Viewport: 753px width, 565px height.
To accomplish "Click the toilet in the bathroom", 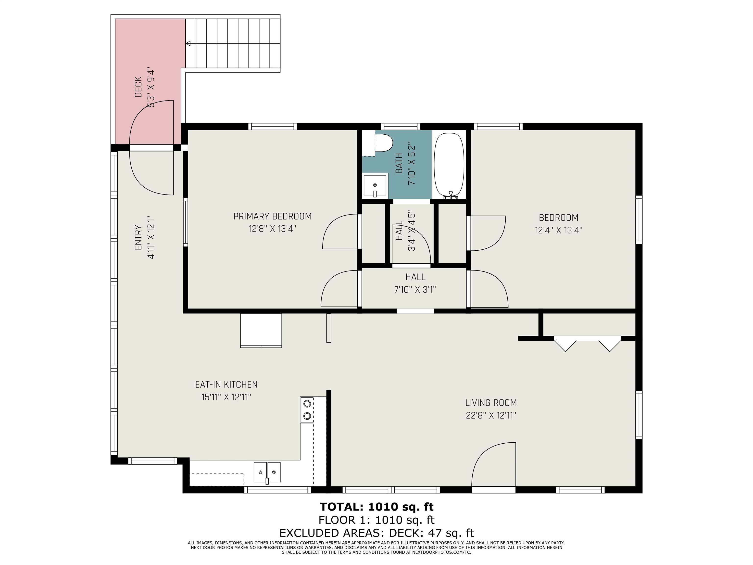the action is tap(383, 143).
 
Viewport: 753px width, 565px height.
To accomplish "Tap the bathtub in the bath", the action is tap(449, 166).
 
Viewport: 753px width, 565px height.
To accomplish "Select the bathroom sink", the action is tap(375, 186).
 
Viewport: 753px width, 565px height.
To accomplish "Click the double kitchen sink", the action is tap(267, 473).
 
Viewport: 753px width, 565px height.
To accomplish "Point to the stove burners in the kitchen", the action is tap(307, 410).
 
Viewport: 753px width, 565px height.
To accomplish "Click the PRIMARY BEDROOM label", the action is tap(272, 216).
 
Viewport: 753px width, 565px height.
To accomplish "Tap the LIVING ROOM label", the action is tap(491, 403).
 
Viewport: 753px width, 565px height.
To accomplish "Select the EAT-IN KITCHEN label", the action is tap(226, 385).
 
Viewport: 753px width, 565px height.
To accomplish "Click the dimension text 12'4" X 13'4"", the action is tap(558, 230).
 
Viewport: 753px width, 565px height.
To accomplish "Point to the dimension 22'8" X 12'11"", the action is tap(491, 415).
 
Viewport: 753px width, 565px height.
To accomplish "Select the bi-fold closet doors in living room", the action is tap(587, 343).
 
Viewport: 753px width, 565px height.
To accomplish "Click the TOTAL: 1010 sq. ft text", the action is tap(376, 507).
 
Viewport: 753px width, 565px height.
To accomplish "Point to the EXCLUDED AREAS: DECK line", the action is tap(376, 533).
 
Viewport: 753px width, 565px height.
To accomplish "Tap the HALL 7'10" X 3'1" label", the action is tap(415, 283).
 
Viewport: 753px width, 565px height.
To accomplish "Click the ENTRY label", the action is tap(138, 237).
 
